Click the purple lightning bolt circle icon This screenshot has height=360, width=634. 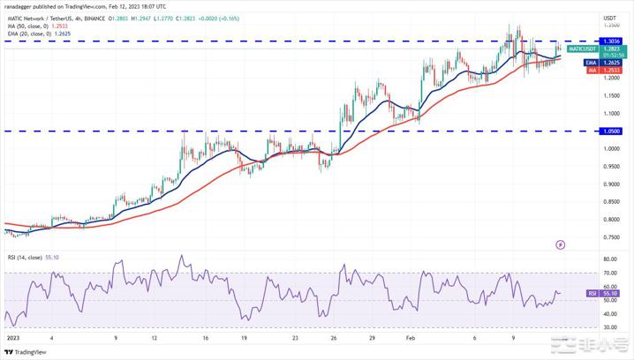(x=560, y=244)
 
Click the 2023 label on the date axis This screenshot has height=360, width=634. (x=12, y=337)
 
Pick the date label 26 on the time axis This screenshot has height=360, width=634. (x=334, y=337)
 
